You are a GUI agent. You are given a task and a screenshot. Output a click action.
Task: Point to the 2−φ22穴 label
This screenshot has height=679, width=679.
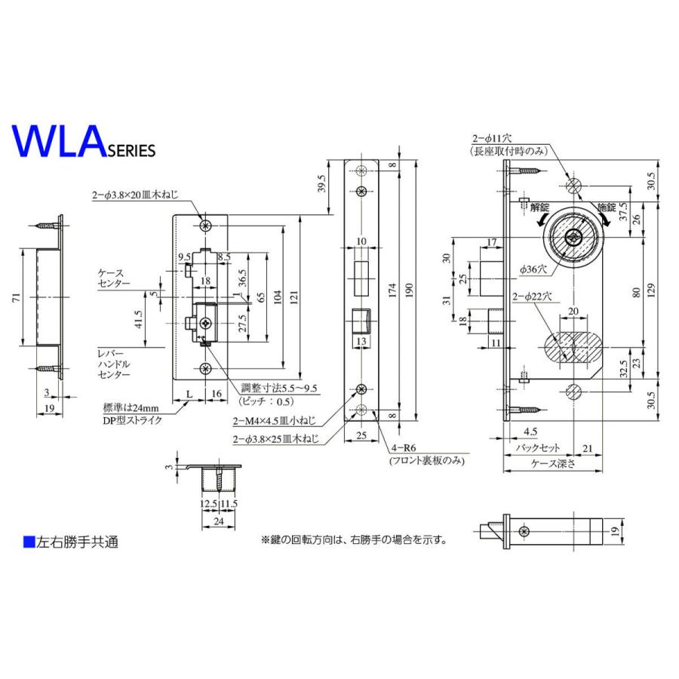533,296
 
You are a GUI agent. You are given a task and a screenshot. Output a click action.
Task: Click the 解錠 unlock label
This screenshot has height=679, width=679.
540,206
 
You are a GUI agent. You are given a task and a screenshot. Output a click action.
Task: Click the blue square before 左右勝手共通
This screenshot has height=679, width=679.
29,541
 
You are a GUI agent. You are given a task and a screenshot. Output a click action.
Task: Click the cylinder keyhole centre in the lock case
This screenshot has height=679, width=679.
573,236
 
